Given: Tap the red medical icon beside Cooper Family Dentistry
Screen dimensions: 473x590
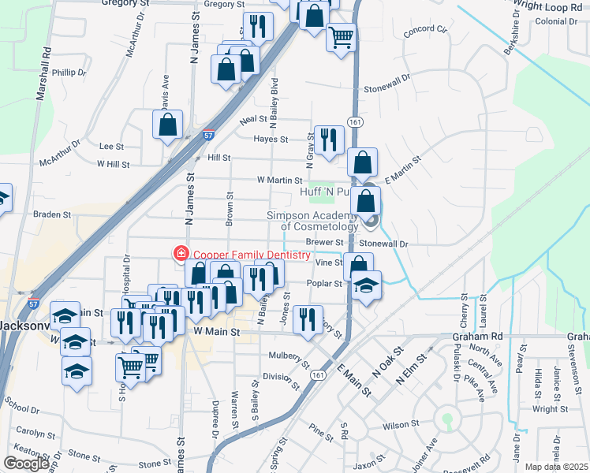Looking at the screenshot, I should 181,254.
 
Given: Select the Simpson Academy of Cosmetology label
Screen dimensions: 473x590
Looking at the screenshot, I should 317,222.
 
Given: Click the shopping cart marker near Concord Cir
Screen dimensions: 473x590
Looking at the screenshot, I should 341,36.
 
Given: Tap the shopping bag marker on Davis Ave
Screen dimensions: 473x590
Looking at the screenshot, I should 168,125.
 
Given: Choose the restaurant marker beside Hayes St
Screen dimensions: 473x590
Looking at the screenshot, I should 328,140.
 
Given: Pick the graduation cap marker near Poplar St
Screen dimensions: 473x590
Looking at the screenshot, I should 366,285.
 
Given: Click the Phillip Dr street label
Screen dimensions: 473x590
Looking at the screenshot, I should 69,73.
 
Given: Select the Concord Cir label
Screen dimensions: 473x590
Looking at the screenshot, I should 425,32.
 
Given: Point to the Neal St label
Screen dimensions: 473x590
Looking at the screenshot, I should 254,119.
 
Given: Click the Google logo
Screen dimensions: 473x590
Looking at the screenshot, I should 27,464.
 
